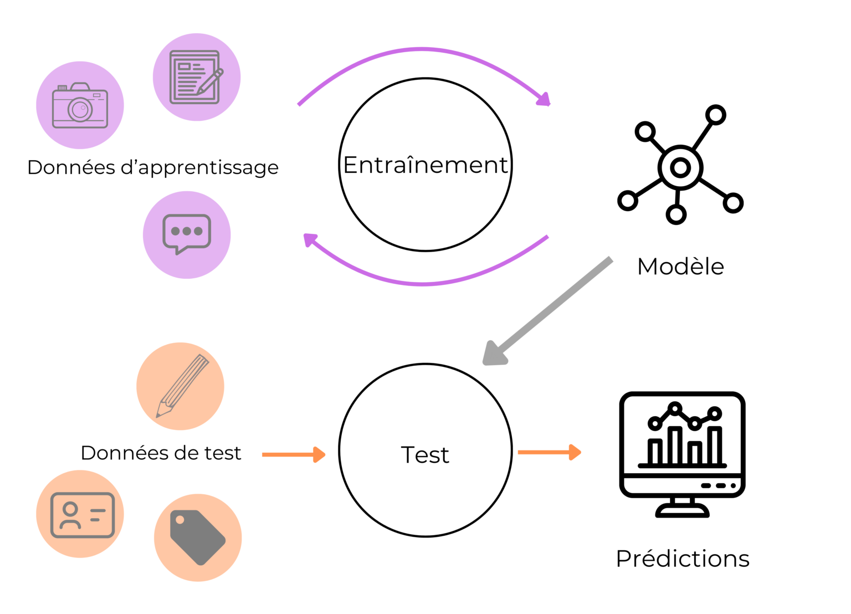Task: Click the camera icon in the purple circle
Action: tap(80, 106)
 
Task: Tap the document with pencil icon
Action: tap(196, 77)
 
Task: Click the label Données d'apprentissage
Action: tap(153, 167)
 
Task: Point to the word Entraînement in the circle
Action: tap(425, 165)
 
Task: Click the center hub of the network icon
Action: tap(680, 167)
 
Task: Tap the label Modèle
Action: tap(680, 267)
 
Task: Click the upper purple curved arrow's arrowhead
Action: tap(544, 99)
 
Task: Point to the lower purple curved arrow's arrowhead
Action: tap(311, 240)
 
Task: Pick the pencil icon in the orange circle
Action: tap(182, 386)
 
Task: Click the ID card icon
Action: tap(82, 515)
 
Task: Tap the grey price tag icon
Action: tap(197, 537)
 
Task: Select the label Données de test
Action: tap(161, 453)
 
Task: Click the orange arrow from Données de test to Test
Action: tap(293, 454)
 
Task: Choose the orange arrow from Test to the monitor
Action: tap(549, 452)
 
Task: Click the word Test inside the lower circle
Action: tap(425, 455)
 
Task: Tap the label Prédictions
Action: tap(682, 559)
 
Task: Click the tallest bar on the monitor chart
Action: tap(675, 445)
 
